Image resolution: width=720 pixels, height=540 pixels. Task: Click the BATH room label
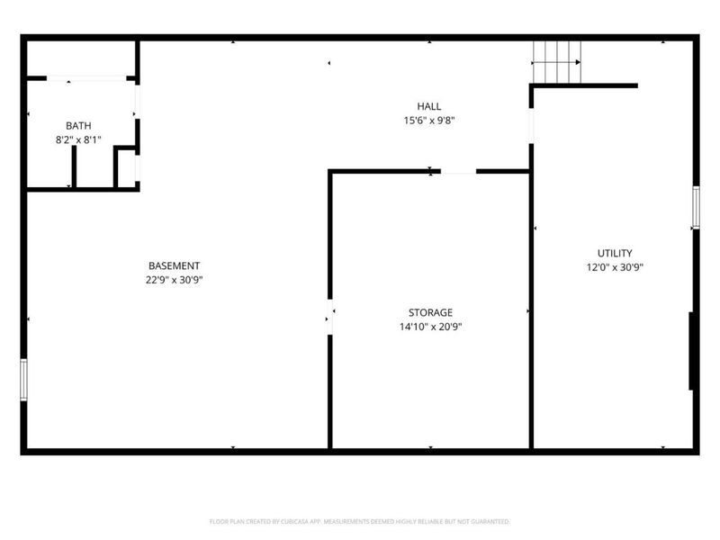[78, 125]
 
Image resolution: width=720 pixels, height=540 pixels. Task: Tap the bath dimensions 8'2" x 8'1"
[78, 139]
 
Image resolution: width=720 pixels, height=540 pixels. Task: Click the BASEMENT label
[174, 265]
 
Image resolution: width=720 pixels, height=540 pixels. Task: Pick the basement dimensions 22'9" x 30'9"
[174, 280]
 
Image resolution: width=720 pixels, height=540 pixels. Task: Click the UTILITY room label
[615, 253]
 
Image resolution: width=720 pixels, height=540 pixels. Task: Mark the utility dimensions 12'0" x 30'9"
[615, 267]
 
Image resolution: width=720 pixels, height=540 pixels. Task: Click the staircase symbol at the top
[555, 60]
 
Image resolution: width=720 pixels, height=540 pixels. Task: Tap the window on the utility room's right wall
[696, 206]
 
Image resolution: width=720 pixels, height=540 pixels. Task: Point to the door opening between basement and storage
[330, 318]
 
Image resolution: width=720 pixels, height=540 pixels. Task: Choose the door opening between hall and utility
[531, 124]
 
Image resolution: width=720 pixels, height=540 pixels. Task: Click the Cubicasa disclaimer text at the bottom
[360, 521]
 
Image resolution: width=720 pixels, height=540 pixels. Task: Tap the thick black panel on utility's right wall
[691, 351]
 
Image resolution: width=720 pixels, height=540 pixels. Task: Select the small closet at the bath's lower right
[126, 168]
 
